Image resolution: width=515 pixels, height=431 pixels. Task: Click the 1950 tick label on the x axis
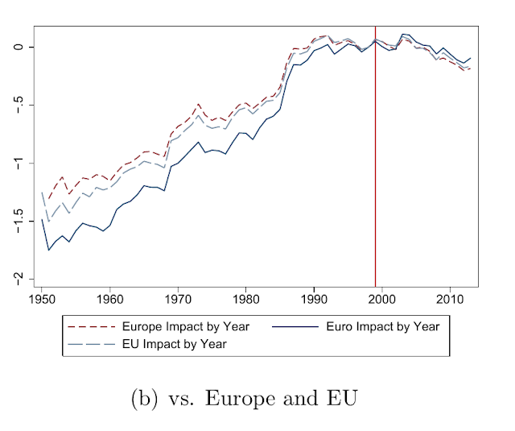[42, 299]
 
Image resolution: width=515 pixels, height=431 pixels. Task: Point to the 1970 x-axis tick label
[177, 299]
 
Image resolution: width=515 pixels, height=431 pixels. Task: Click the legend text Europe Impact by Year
[186, 327]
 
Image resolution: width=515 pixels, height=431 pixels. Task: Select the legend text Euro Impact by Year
[382, 327]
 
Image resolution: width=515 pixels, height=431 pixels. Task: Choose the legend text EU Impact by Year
[174, 344]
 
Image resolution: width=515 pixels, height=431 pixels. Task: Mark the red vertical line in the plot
[375, 161]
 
